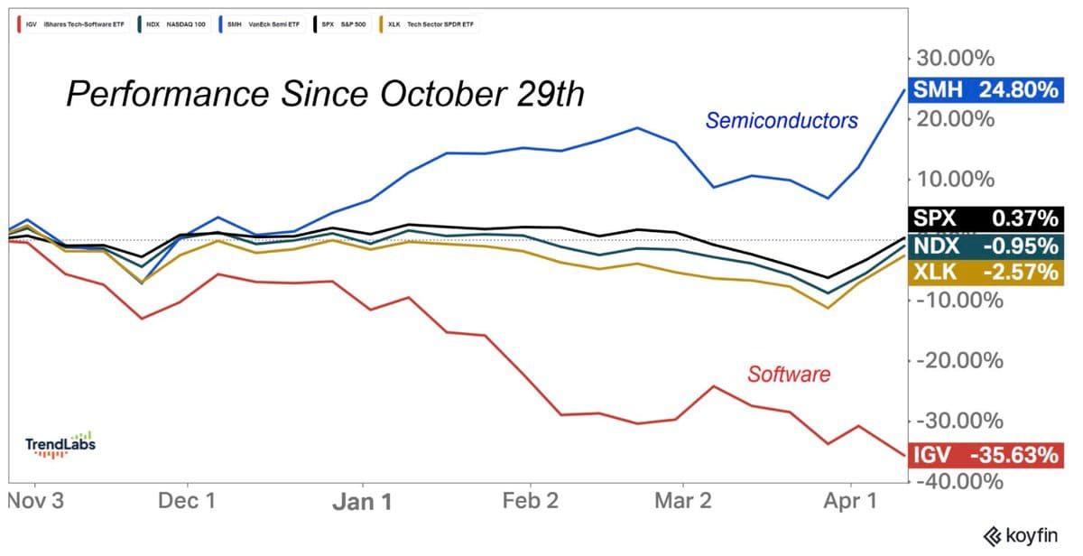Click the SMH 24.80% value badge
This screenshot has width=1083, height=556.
986,89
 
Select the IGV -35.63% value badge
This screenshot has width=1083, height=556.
986,455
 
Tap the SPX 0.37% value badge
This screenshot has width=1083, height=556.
986,218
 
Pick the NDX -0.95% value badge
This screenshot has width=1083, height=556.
986,246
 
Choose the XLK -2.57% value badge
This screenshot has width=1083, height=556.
986,272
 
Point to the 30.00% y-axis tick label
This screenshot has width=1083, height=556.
955,59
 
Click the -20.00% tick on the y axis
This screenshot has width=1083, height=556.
958,361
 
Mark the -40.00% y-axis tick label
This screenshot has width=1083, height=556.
958,481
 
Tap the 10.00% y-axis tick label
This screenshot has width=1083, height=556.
955,179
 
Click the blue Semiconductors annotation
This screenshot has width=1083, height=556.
782,120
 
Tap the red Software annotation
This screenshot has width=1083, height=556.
788,374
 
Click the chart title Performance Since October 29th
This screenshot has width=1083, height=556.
326,94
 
